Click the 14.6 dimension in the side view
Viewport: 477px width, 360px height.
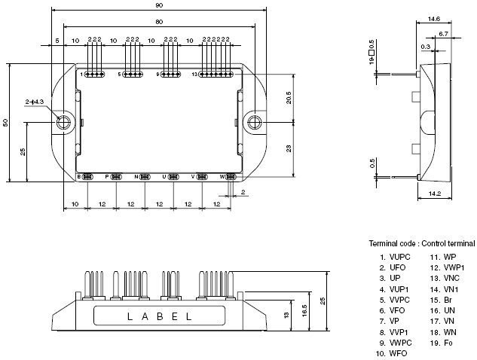pos(433,20)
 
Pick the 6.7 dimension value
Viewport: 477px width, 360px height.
pos(443,34)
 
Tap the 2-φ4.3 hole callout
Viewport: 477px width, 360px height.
pos(35,101)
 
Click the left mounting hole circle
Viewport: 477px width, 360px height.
pos(64,121)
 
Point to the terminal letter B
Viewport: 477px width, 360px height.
pos(78,177)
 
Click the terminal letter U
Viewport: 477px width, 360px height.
pos(164,177)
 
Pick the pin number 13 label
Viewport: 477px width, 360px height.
pos(194,75)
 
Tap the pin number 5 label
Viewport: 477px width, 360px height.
pos(119,75)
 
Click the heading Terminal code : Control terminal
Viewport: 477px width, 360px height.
pos(421,243)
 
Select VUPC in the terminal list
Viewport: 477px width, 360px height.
pos(400,256)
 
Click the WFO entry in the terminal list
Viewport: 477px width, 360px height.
pos(398,352)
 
